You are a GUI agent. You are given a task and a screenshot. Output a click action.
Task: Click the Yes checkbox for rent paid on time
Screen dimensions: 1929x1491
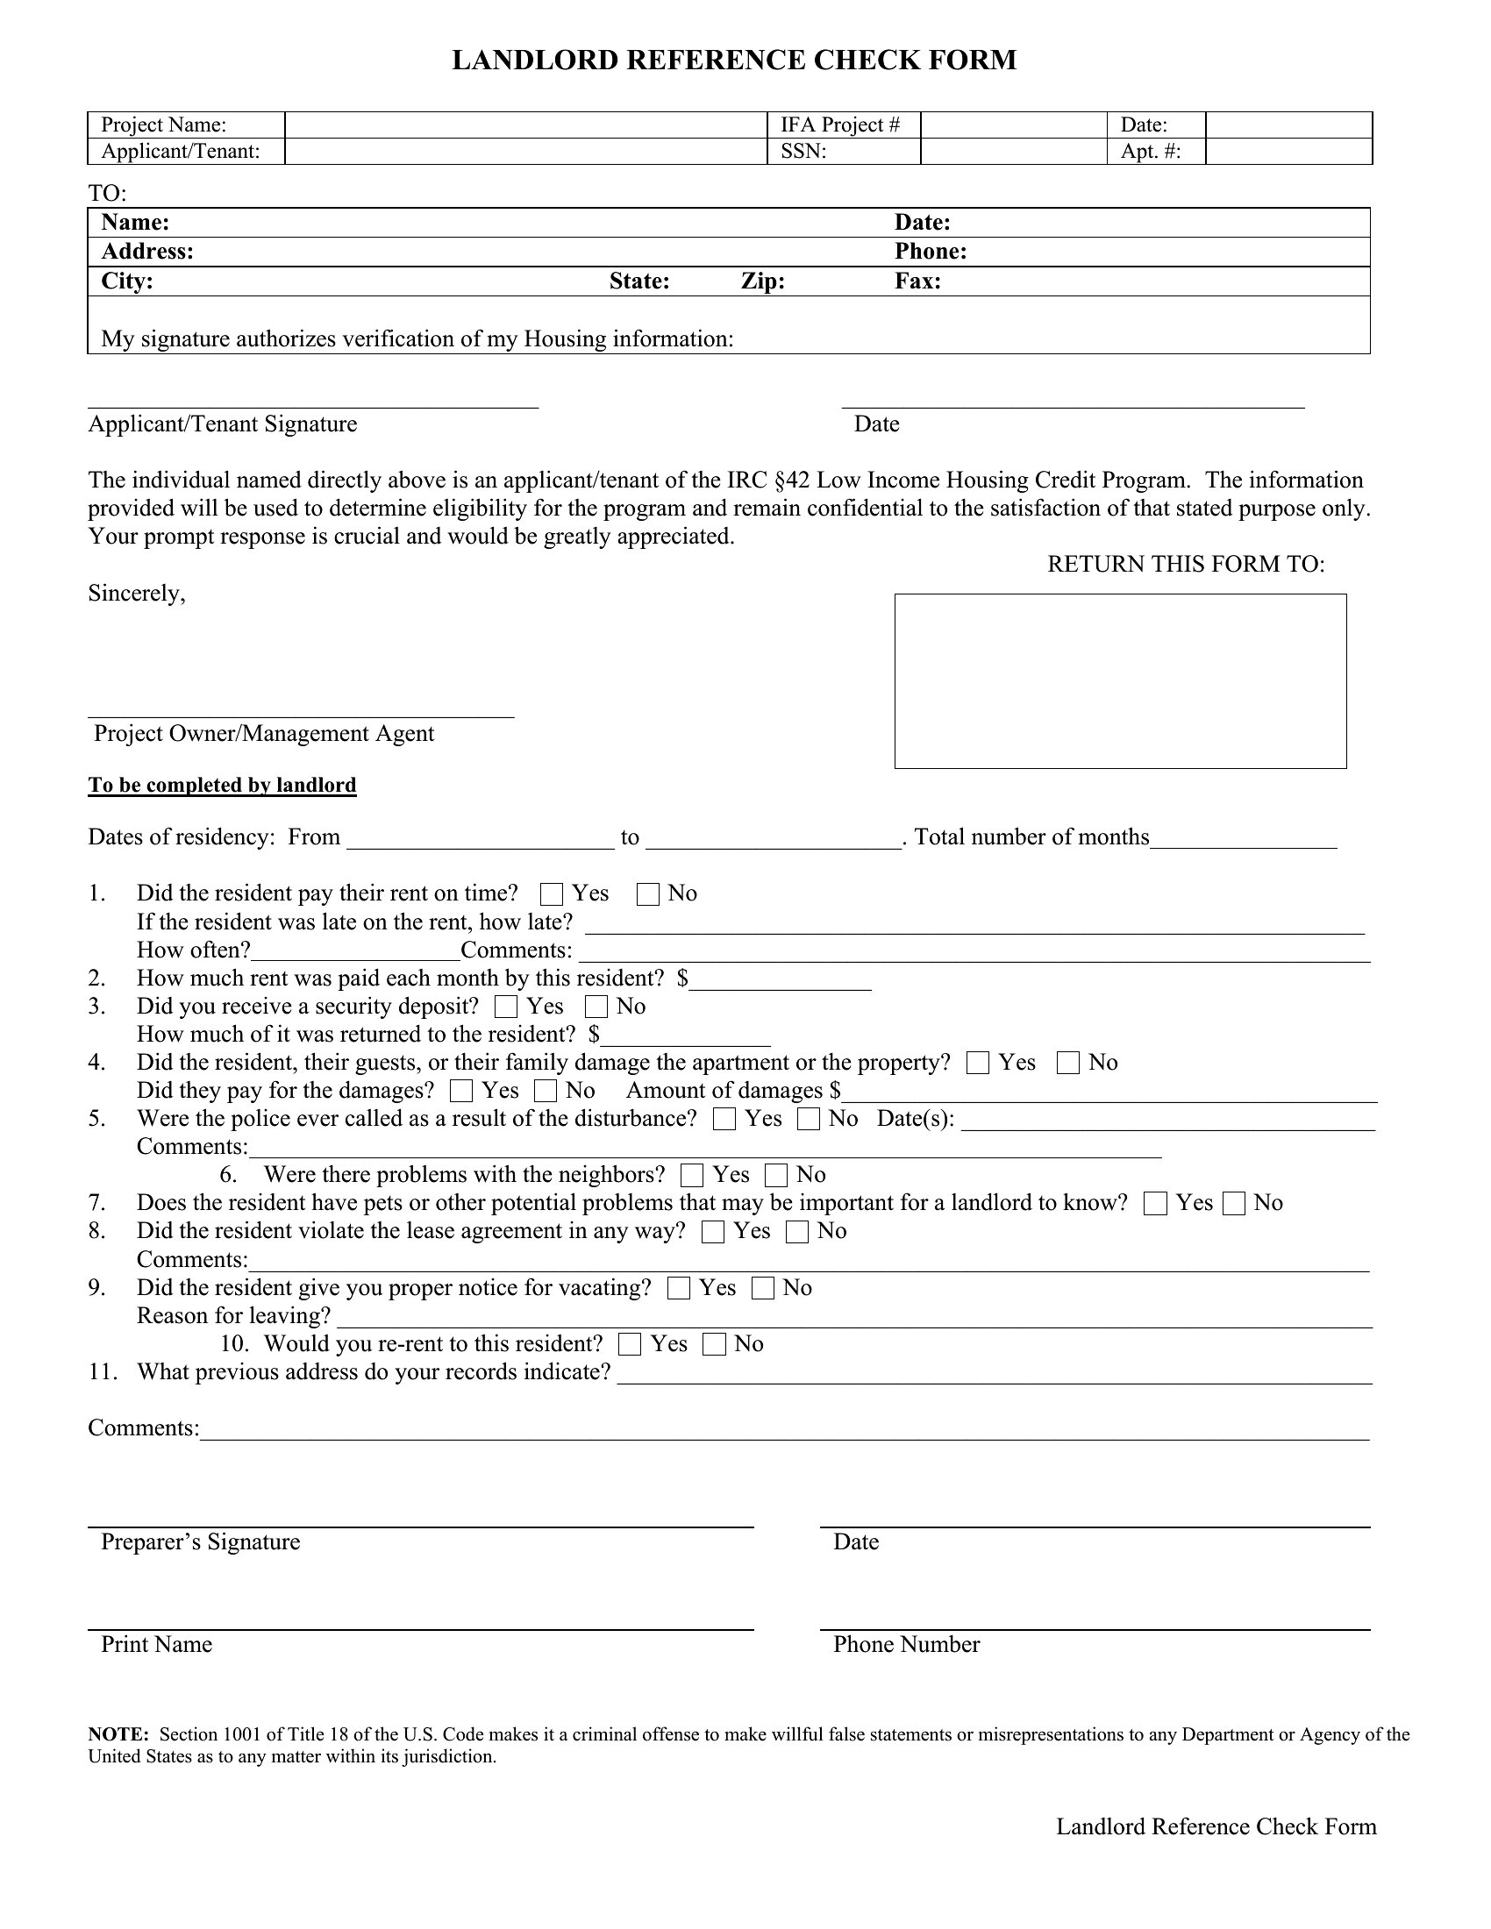[x=551, y=894]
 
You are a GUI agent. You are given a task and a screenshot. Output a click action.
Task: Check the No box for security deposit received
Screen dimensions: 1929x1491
[x=596, y=1007]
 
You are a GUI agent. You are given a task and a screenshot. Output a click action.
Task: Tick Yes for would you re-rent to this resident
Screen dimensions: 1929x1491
[x=630, y=1344]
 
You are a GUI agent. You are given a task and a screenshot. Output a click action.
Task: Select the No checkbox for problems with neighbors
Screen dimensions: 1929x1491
[x=775, y=1176]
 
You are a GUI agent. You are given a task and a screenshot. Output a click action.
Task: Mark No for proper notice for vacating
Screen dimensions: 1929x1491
[x=762, y=1289]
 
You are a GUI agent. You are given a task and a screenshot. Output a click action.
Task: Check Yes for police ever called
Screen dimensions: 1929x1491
[x=724, y=1119]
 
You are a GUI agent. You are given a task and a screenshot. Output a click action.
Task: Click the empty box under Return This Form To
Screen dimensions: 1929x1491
[x=1120, y=681]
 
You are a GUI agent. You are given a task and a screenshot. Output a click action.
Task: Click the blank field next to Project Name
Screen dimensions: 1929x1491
[x=525, y=125]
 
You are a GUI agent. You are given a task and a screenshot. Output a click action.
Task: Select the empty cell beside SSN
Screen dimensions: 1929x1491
[x=1013, y=152]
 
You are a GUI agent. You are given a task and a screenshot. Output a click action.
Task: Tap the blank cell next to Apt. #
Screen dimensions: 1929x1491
[x=1288, y=152]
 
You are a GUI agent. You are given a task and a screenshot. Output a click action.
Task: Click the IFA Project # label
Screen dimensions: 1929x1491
[x=840, y=125]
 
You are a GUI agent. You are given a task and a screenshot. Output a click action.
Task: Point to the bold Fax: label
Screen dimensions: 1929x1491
[x=917, y=281]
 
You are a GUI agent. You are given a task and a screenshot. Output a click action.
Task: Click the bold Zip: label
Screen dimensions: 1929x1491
[x=762, y=281]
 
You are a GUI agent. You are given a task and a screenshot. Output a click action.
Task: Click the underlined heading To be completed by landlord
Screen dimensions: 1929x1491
[x=222, y=786]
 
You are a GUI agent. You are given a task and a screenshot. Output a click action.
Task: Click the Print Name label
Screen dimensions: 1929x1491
[x=156, y=1645]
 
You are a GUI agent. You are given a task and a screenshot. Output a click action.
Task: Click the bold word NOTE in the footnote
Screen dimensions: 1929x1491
[x=117, y=1734]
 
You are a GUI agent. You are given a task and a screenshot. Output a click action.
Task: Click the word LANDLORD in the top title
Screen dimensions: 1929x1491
[x=535, y=60]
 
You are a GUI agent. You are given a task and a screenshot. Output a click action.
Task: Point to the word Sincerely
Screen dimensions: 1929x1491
[x=136, y=594]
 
